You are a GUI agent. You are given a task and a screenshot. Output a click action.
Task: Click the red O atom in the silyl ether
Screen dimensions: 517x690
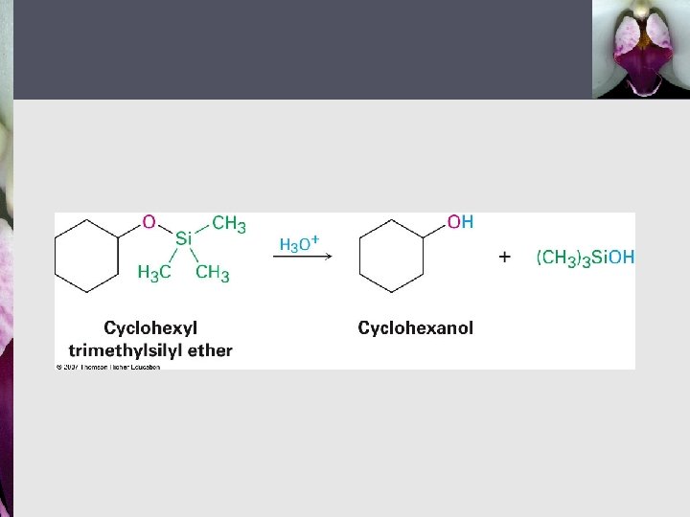click(x=149, y=222)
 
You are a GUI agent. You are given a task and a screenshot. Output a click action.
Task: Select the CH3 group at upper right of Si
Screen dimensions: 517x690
click(x=229, y=224)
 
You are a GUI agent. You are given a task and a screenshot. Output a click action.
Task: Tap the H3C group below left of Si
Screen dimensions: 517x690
click(x=154, y=274)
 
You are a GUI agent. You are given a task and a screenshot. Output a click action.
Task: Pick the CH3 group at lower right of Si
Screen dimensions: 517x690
click(x=213, y=274)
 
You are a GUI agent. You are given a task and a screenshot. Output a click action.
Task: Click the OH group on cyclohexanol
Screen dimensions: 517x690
click(x=461, y=222)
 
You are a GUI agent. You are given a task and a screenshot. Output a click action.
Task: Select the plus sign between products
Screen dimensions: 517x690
click(x=505, y=257)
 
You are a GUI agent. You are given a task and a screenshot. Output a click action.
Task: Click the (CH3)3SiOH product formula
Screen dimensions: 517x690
click(x=585, y=257)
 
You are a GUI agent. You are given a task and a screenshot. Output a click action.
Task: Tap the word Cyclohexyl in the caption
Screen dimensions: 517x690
click(x=149, y=328)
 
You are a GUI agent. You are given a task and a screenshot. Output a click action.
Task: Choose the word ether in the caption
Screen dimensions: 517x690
click(x=209, y=350)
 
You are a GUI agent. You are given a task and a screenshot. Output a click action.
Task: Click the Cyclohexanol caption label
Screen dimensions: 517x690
click(x=415, y=328)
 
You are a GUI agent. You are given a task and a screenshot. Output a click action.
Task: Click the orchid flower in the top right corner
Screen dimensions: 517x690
click(x=641, y=48)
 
